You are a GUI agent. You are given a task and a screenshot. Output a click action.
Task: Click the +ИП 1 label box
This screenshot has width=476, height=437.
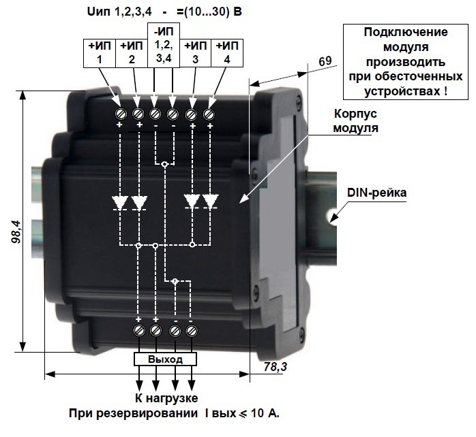pos(100,52)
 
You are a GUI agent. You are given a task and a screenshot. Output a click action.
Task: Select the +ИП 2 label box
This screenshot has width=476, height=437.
pos(130,52)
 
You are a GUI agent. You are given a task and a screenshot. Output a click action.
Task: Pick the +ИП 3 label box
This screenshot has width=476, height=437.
pos(196,52)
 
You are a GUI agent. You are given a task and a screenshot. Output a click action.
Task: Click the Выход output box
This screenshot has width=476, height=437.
pos(165,359)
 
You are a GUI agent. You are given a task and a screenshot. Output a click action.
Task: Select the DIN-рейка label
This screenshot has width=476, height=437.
pos(376,193)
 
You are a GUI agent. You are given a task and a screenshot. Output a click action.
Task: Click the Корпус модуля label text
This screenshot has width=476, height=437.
pos(357,120)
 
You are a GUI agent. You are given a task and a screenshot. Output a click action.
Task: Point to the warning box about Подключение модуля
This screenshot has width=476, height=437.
pos(406,61)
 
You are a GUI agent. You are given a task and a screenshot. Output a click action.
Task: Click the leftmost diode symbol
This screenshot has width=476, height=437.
pos(120,202)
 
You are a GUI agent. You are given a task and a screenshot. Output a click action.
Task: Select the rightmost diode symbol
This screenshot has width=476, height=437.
pos(210,201)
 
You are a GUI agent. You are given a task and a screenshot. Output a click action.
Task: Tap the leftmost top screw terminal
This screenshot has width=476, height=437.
pos(121,112)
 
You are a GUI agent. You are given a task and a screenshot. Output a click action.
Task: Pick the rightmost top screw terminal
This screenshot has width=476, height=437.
pos(209,112)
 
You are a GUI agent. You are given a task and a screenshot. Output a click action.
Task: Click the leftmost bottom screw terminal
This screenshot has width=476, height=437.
pos(139,331)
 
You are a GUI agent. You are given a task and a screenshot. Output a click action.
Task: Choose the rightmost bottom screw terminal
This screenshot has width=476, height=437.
pos(192,331)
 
